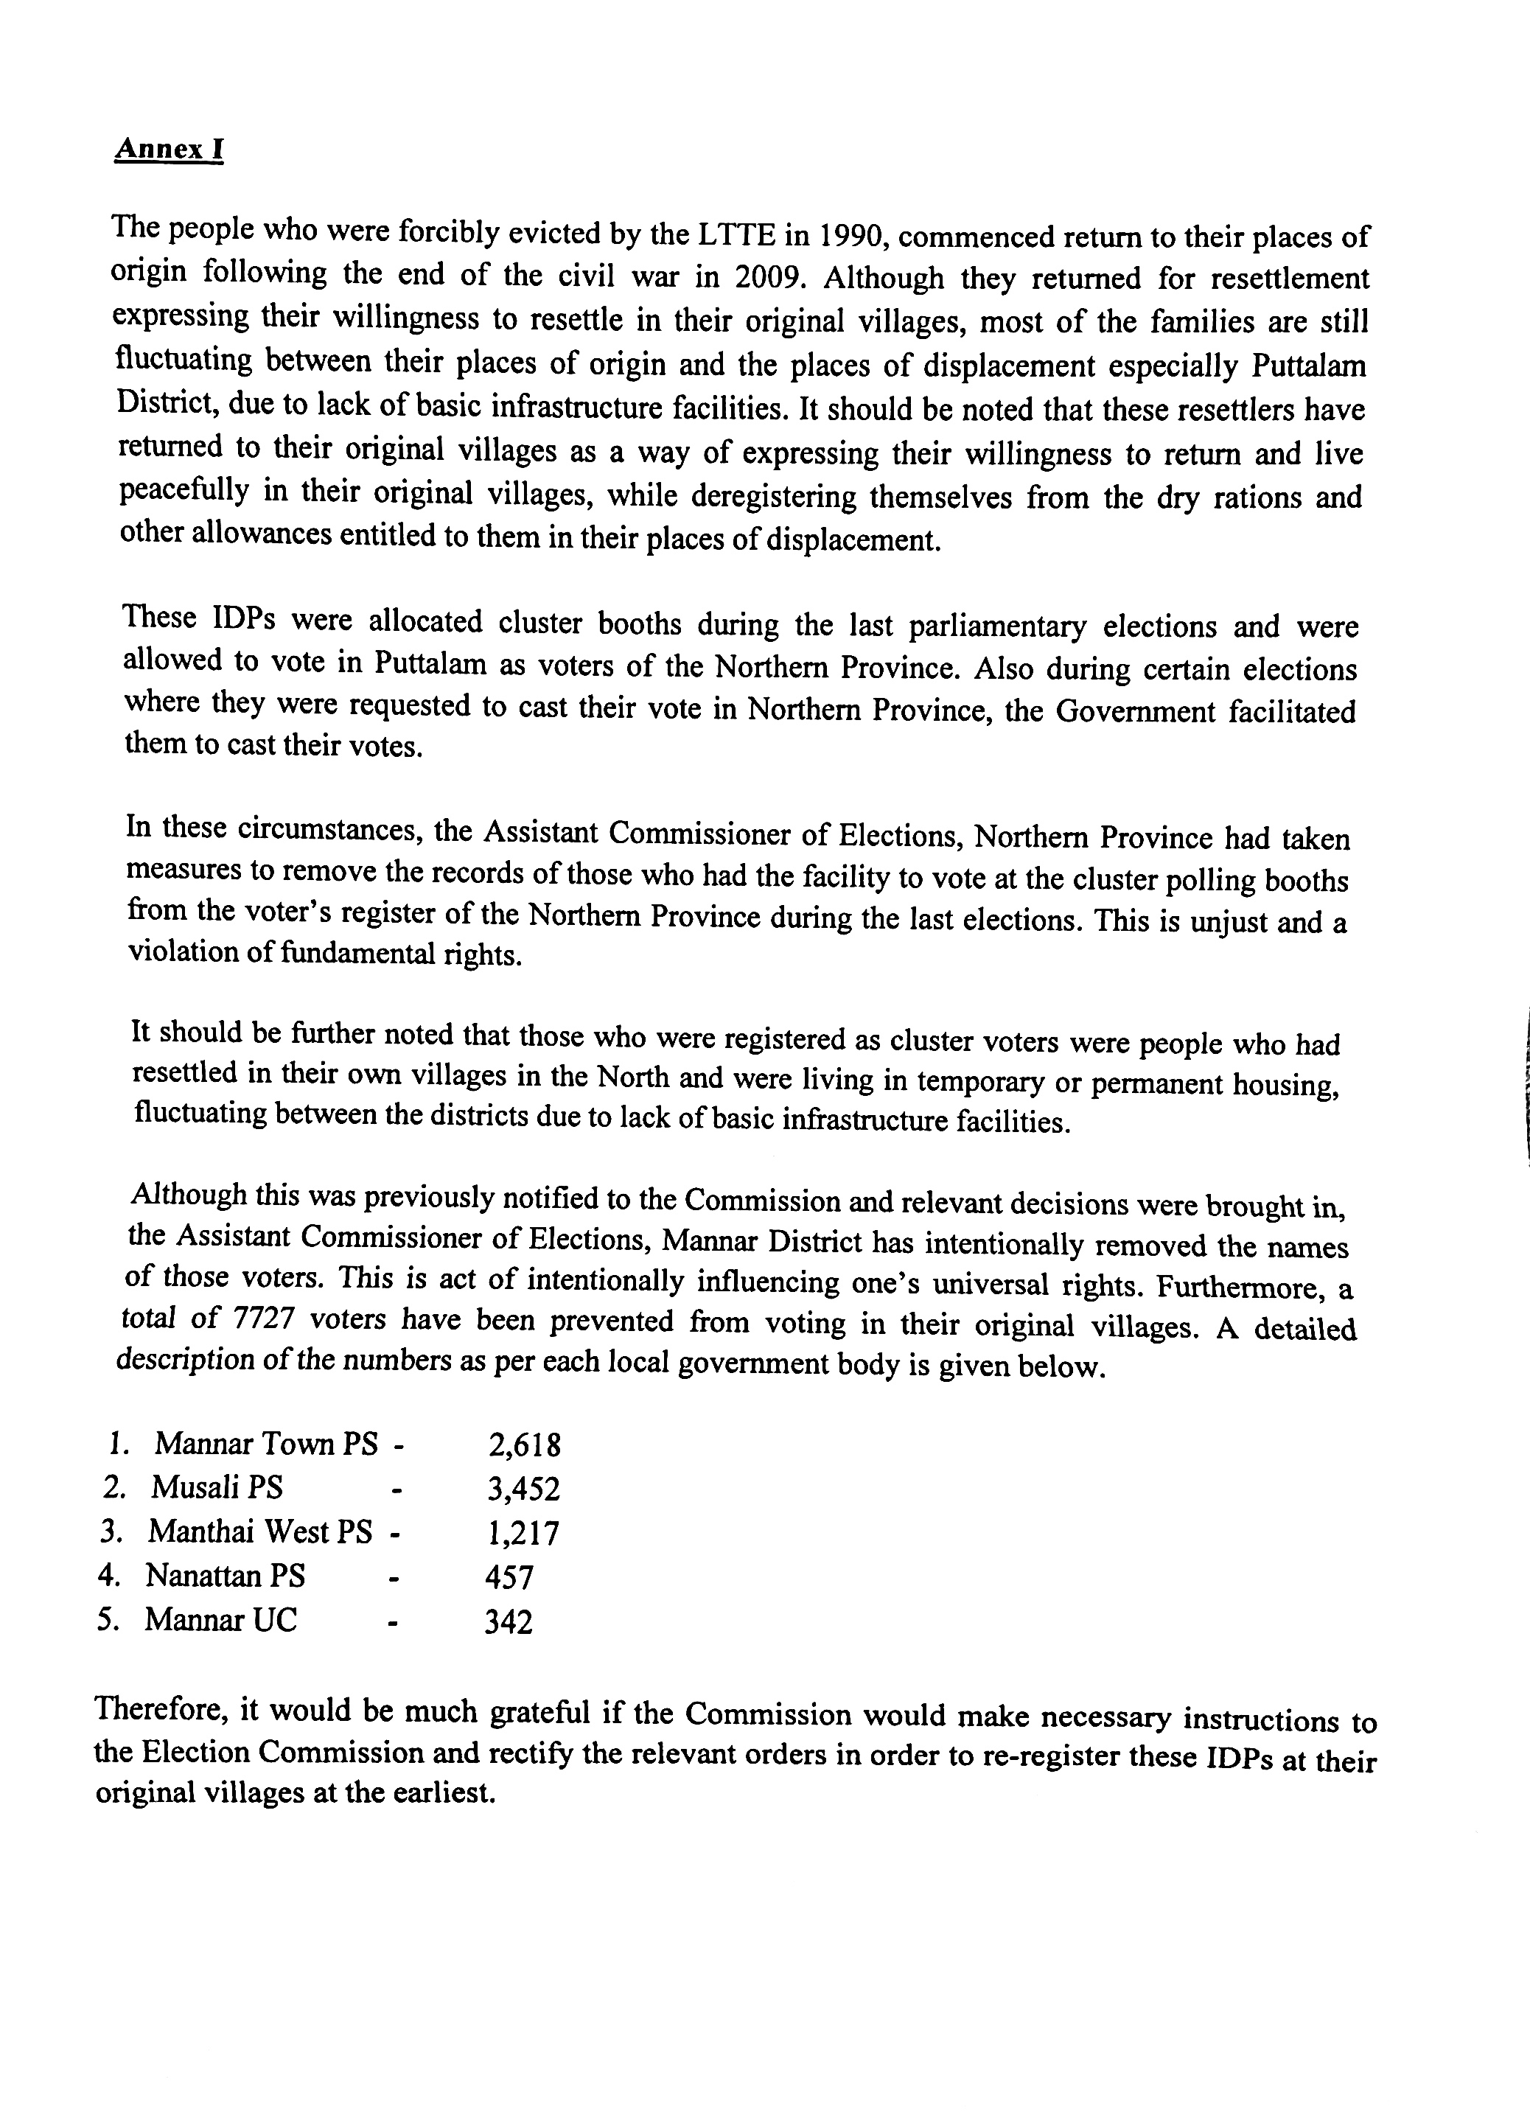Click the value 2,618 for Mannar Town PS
click(x=524, y=1445)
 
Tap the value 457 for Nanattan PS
click(x=509, y=1577)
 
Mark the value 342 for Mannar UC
click(x=509, y=1622)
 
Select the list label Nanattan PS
click(x=226, y=1576)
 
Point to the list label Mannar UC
click(x=221, y=1620)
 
